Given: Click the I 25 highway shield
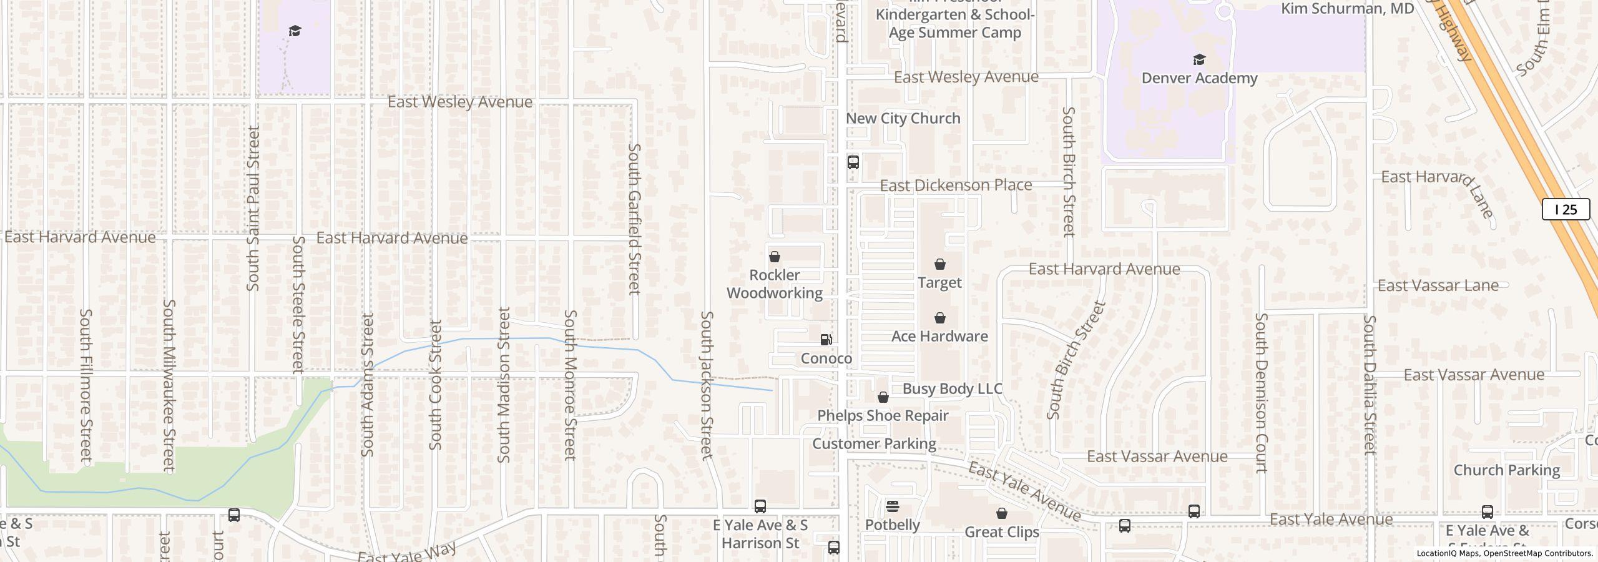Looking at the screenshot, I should pyautogui.click(x=1566, y=209).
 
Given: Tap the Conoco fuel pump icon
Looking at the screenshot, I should pyautogui.click(x=826, y=340).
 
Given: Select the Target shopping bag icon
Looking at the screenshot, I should pyautogui.click(x=939, y=265).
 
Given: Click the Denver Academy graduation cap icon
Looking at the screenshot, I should pyautogui.click(x=1198, y=60).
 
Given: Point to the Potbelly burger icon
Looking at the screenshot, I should pyautogui.click(x=893, y=506).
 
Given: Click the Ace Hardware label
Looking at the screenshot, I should pyautogui.click(x=939, y=337).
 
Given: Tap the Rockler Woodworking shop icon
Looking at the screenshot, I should pyautogui.click(x=775, y=257).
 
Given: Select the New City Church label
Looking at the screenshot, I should pyautogui.click(x=903, y=119).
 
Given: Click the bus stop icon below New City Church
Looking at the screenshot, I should pyautogui.click(x=853, y=162).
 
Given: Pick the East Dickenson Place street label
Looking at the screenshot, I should pyautogui.click(x=956, y=185).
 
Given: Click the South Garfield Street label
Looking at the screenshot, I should pyautogui.click(x=634, y=219).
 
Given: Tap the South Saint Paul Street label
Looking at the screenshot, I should pyautogui.click(x=253, y=208).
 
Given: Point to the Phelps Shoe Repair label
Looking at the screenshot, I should pyautogui.click(x=883, y=416).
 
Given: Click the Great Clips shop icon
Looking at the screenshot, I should pyautogui.click(x=1001, y=513).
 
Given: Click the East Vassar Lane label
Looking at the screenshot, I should pyautogui.click(x=1438, y=286).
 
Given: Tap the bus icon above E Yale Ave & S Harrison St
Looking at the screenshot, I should pyautogui.click(x=760, y=506).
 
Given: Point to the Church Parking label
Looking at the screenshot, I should pyautogui.click(x=1506, y=470).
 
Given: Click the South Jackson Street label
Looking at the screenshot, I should pyautogui.click(x=707, y=385).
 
